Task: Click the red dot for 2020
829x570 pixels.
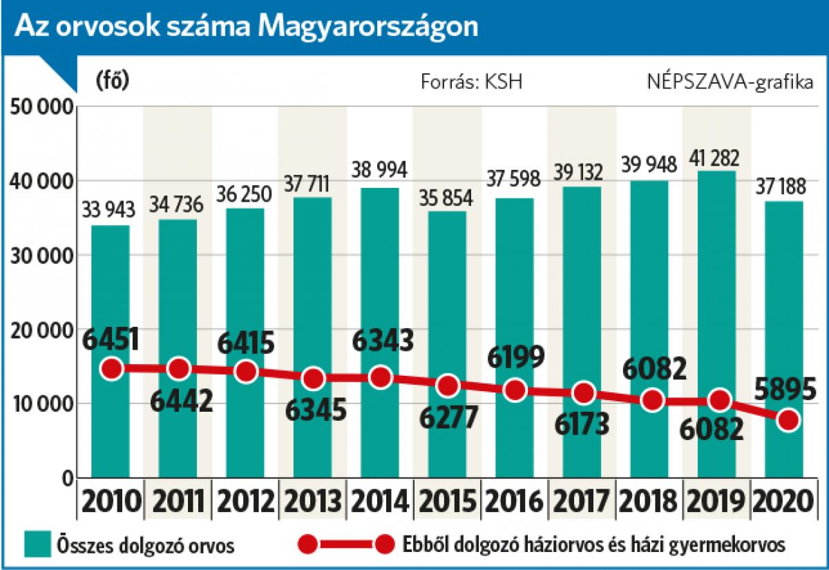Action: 788,420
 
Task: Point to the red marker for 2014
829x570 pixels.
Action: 381,377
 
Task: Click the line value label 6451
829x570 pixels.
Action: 111,339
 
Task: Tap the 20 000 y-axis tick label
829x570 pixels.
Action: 41,330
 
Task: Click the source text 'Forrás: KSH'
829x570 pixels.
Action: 472,82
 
